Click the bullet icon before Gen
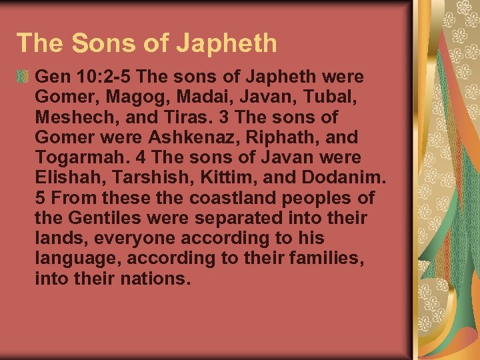pos(24,76)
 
